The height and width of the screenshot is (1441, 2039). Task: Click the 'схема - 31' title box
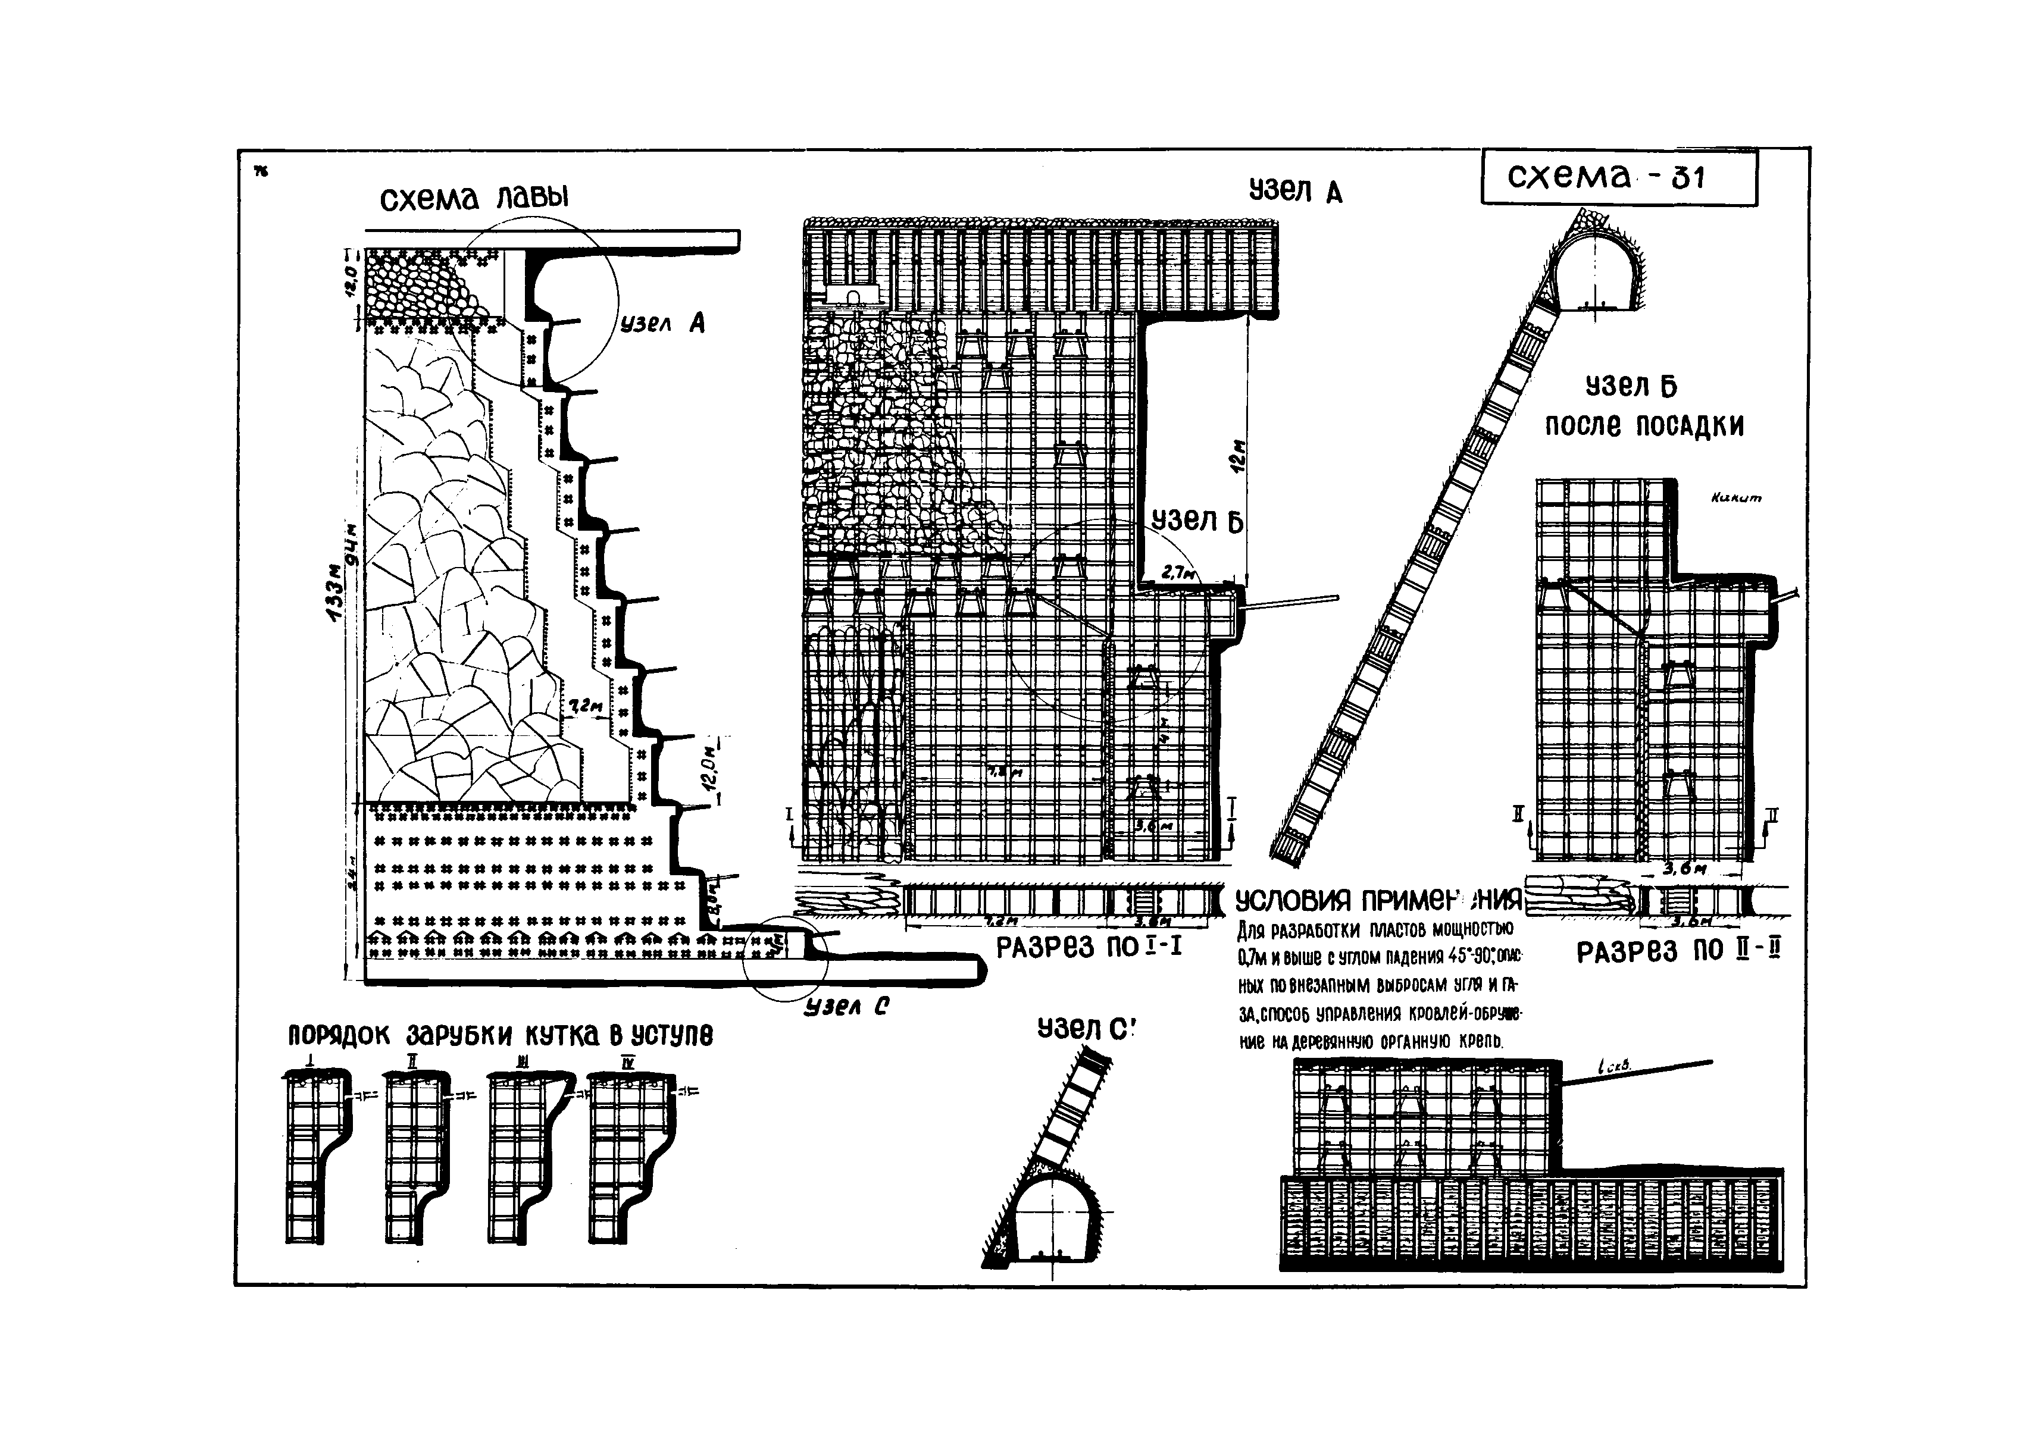tap(1618, 178)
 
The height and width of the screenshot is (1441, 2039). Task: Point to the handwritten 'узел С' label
tap(846, 1007)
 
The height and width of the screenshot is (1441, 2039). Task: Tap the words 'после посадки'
tap(1644, 426)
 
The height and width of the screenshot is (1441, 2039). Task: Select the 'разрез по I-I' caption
tap(1089, 947)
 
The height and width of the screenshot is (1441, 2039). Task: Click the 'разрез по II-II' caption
tap(1678, 953)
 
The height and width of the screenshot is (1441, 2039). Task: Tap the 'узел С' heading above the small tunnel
tap(1086, 1028)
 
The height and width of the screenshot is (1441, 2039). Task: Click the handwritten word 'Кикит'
tap(1736, 499)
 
